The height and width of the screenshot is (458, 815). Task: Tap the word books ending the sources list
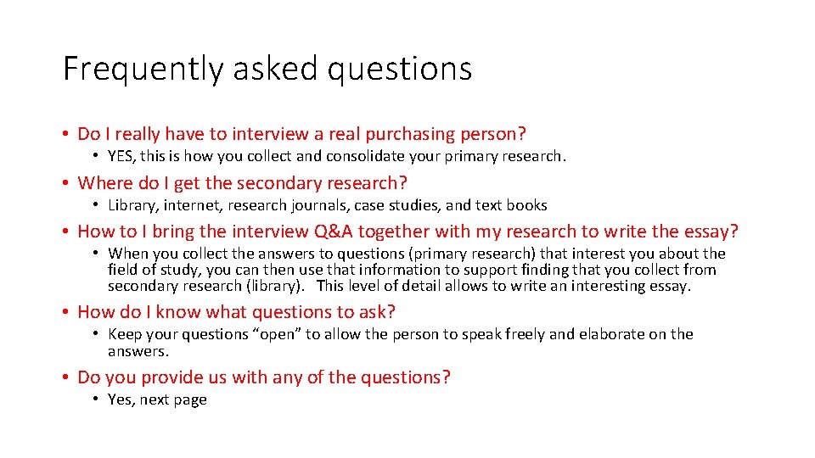click(527, 205)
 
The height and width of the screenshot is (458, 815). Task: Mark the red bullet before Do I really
click(65, 134)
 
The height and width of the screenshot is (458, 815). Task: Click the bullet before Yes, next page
click(98, 399)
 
